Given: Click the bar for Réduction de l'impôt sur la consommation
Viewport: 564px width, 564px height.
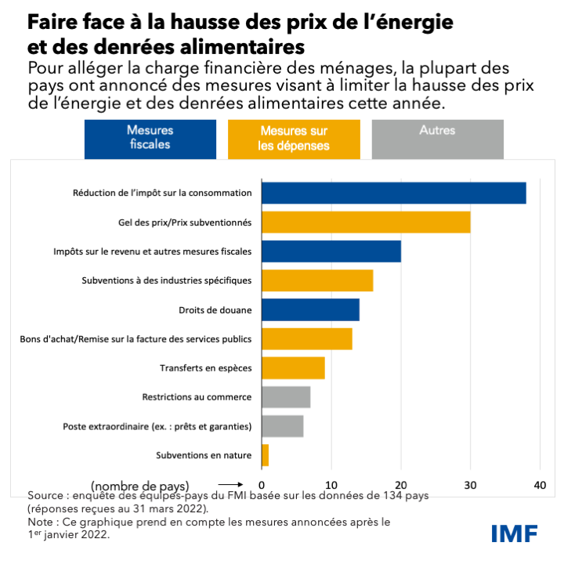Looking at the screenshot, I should click(x=393, y=193).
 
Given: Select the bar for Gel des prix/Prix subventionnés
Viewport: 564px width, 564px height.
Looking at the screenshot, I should click(x=366, y=222).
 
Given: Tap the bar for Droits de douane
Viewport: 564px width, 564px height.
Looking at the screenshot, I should click(x=310, y=310).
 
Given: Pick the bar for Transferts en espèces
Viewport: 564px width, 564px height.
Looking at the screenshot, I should click(x=293, y=368).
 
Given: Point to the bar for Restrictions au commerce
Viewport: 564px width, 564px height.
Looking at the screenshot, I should click(x=286, y=397).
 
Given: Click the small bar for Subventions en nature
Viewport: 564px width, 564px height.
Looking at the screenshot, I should click(x=265, y=455).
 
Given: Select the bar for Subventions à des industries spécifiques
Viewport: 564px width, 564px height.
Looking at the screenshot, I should click(x=317, y=280).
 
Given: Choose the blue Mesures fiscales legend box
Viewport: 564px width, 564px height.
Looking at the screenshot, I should click(x=150, y=138).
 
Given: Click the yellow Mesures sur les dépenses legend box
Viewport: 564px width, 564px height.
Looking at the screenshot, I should click(x=294, y=139).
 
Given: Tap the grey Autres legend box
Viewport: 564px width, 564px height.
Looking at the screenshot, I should click(x=437, y=138).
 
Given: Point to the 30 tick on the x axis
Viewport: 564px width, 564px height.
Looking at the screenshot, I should click(x=470, y=486).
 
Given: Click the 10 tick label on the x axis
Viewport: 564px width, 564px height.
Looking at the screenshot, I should click(x=331, y=486).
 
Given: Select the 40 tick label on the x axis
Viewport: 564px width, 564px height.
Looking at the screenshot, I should click(x=539, y=486).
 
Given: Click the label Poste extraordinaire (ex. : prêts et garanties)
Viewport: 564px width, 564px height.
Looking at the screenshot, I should click(x=157, y=427).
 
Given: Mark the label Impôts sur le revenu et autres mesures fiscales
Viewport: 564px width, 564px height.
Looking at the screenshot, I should click(x=153, y=251).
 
